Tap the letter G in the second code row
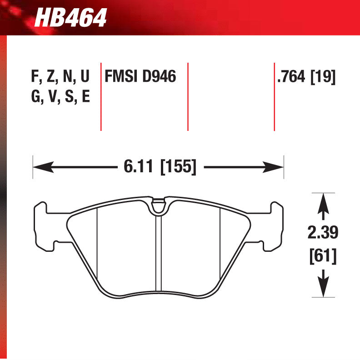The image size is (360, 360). [x=35, y=96]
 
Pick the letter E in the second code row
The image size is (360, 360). [x=85, y=96]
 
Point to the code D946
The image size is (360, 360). [x=159, y=77]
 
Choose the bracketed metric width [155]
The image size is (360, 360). [x=179, y=167]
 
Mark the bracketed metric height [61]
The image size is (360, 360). [x=322, y=257]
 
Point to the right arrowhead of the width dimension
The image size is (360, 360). [x=277, y=167]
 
